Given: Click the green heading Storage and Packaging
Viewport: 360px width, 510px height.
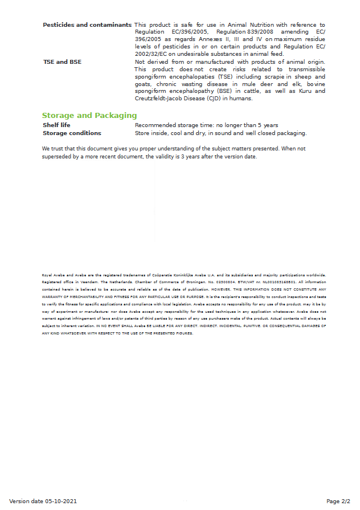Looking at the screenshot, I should point(89,115).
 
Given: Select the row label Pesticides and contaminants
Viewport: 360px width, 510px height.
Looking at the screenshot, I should point(87,25).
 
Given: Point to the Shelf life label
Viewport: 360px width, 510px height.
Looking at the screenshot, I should point(56,125).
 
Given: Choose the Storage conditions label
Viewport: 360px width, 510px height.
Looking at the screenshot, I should point(72,133).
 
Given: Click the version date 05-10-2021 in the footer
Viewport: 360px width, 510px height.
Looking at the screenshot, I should point(43,501).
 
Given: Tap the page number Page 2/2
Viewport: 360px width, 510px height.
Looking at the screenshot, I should point(338,501).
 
